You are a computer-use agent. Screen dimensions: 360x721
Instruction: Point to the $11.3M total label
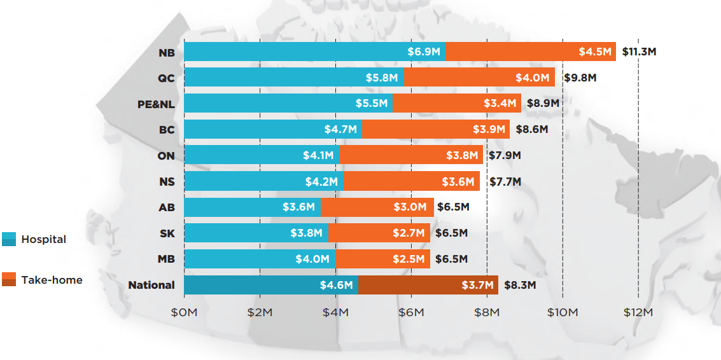pos(638,52)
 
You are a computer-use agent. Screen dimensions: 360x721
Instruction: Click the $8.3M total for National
pos(520,285)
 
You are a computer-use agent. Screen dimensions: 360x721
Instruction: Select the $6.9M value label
pos(424,52)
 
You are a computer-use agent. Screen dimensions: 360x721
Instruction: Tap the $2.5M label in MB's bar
pos(409,259)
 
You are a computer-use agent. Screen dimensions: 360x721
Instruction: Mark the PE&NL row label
pos(156,104)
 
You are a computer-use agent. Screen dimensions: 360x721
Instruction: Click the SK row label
pos(167,233)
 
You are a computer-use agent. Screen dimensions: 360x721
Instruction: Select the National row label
pos(151,285)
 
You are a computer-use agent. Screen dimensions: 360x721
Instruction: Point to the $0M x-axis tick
pos(184,312)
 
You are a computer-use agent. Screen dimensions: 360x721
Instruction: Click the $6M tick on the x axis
pos(411,312)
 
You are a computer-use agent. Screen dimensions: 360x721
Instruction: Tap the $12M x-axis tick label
pos(638,312)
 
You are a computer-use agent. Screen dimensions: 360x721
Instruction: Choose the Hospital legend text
pos(44,240)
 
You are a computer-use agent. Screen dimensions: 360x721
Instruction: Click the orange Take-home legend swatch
pos(9,279)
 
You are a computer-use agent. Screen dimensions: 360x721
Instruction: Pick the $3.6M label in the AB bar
pos(299,207)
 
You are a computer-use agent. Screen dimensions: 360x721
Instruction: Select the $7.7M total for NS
pos(505,182)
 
